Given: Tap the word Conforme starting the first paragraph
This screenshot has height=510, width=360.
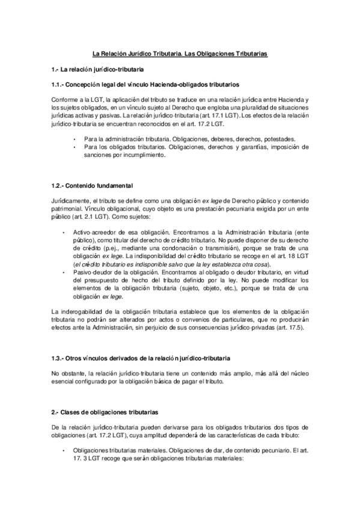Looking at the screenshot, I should pos(64,99).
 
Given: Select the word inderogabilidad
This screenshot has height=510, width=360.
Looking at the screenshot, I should pos(88,311).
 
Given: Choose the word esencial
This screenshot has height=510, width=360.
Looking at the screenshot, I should pos(64,382).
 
